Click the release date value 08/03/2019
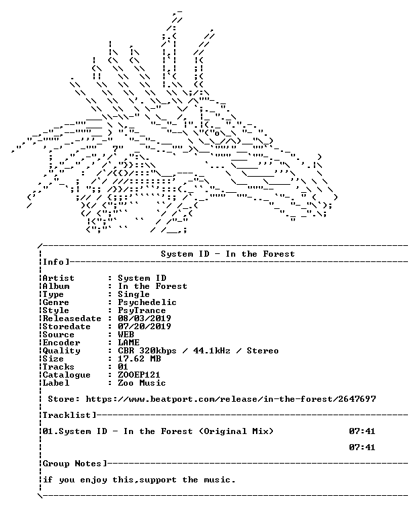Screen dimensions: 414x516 click(x=144, y=318)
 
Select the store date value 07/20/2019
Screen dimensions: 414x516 click(x=144, y=327)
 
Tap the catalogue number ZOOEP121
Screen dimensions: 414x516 click(x=139, y=375)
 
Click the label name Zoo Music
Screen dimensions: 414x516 click(x=142, y=383)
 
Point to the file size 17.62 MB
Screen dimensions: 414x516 click(x=139, y=359)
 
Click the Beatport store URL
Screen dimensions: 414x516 click(x=231, y=399)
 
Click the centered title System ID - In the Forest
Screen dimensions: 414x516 click(x=228, y=254)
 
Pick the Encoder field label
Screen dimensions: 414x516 click(x=62, y=343)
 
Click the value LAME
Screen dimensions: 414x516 click(x=128, y=343)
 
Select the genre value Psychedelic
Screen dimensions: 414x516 click(x=147, y=302)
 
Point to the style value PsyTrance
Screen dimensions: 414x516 click(x=142, y=310)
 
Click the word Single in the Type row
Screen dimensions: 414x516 click(x=134, y=294)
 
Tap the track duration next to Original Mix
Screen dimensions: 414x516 click(x=362, y=431)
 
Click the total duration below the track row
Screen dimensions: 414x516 click(x=362, y=447)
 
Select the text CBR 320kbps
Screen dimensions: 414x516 click(x=147, y=351)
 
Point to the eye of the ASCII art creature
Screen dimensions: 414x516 click(x=217, y=134)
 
